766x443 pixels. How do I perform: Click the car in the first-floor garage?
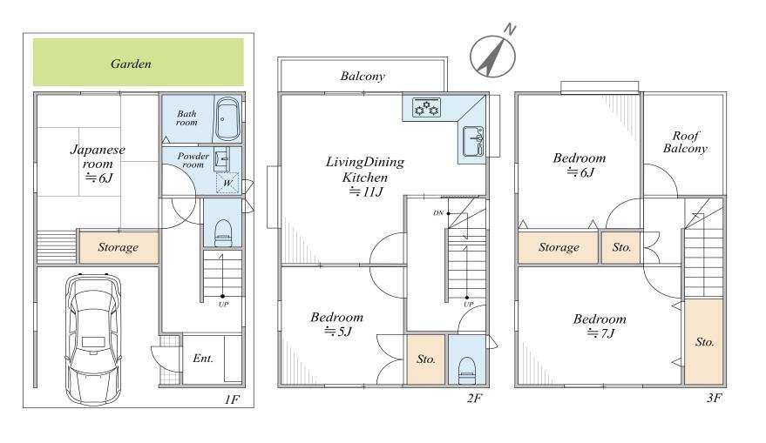93,339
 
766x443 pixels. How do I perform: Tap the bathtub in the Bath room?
227,119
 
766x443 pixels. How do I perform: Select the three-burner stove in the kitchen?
426,107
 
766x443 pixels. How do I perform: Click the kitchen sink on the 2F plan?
473,141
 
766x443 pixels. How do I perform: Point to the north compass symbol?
493,55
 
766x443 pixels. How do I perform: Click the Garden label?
131,64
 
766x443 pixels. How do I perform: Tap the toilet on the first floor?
223,232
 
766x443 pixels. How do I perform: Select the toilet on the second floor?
467,370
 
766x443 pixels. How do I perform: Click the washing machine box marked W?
227,183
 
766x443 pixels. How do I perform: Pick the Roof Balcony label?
685,142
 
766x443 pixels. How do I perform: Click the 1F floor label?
232,399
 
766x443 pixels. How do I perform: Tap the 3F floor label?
714,398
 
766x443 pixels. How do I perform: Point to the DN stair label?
438,213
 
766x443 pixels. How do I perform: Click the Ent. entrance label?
203,359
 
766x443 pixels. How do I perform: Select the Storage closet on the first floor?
119,247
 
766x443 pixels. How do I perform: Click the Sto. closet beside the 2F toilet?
426,359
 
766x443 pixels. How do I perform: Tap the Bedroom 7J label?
600,326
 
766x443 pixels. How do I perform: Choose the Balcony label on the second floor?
363,76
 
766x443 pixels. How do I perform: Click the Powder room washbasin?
221,159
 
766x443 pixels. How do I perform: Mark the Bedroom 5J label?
337,325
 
